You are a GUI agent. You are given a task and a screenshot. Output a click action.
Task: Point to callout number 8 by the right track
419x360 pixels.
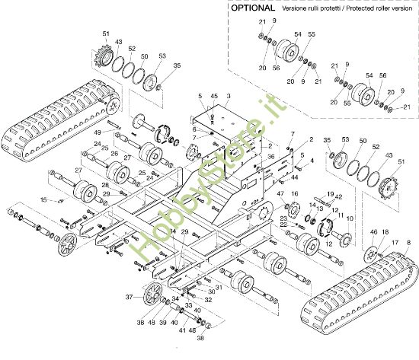(x=408, y=242)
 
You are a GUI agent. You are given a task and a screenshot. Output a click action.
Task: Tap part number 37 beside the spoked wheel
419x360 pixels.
(x=130, y=297)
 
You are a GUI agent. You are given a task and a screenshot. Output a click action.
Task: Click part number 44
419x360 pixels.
(x=294, y=177)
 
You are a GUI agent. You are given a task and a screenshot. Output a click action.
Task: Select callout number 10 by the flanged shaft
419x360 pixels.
(x=350, y=218)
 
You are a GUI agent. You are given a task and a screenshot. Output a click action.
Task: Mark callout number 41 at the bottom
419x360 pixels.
(x=182, y=330)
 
